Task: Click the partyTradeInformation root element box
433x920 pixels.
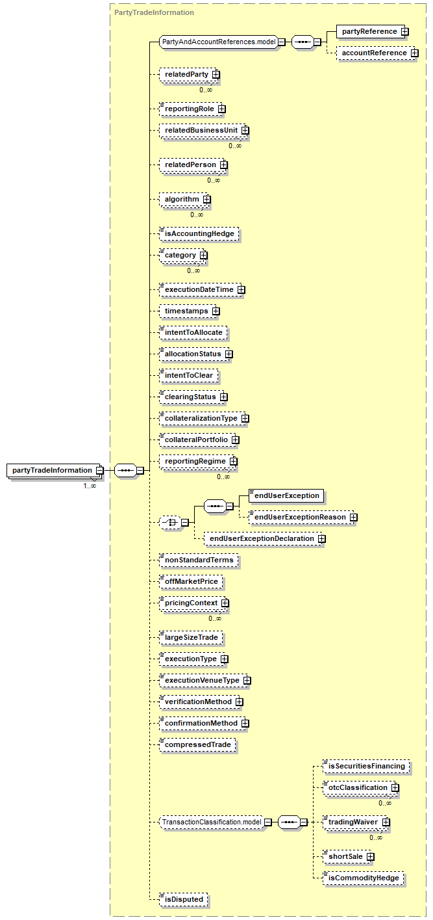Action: (x=52, y=470)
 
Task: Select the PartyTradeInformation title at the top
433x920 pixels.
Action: (x=154, y=12)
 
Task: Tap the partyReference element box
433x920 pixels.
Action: (x=369, y=31)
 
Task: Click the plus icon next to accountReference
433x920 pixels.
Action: (x=414, y=53)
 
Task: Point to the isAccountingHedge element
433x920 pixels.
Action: (x=199, y=233)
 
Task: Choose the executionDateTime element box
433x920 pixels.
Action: (x=199, y=289)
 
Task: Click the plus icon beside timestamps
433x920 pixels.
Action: (x=216, y=311)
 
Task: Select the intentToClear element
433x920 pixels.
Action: (x=189, y=376)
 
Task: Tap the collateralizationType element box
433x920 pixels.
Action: (x=201, y=418)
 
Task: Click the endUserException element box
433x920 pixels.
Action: (x=286, y=496)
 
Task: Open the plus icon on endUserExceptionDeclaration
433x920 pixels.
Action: (x=321, y=539)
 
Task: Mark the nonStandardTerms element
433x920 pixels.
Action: (x=199, y=560)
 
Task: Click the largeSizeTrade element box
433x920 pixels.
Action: (x=192, y=637)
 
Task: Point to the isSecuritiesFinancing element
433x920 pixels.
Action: (x=366, y=766)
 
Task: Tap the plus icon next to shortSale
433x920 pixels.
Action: (x=370, y=857)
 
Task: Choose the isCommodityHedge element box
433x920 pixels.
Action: (x=364, y=878)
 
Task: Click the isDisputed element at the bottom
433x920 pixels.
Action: (x=184, y=899)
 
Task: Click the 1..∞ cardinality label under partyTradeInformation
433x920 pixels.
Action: (x=90, y=486)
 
